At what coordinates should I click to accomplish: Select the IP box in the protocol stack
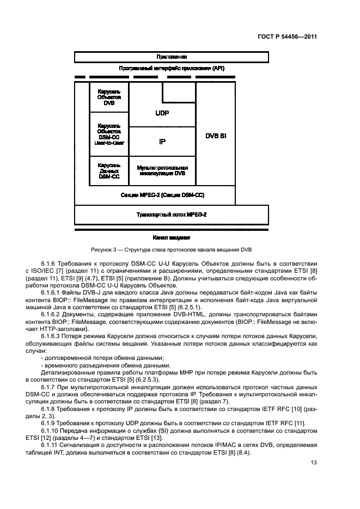click(x=162, y=142)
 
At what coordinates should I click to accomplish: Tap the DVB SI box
click(x=215, y=135)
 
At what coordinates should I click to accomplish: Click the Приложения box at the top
click(x=171, y=57)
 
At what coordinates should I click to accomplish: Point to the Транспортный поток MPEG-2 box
click(x=171, y=214)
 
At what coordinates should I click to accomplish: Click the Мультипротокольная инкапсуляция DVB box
click(x=162, y=170)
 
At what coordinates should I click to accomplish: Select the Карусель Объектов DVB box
click(x=109, y=97)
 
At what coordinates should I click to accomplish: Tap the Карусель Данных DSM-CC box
click(x=109, y=170)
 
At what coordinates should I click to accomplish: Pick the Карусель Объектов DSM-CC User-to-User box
click(x=109, y=134)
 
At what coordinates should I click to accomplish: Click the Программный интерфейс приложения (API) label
click(x=171, y=69)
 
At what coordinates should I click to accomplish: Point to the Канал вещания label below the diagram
click(x=171, y=237)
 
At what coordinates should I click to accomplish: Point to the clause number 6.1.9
click(x=49, y=424)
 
